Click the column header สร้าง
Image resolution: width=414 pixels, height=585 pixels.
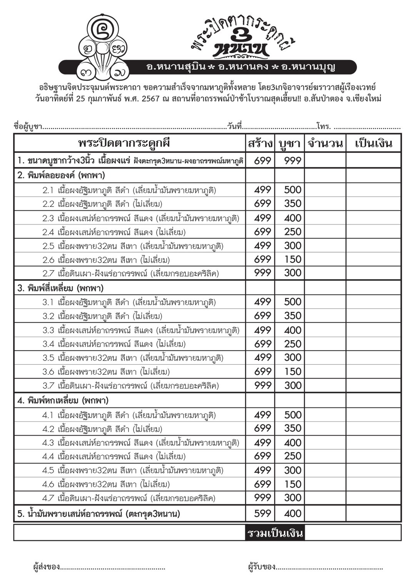(x=260, y=143)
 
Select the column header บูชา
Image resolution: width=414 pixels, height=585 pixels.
(x=289, y=143)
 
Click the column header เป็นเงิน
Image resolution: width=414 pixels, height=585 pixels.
(x=373, y=143)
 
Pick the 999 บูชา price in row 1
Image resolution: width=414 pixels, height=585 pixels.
(x=292, y=161)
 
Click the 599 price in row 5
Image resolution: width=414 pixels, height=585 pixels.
(x=262, y=513)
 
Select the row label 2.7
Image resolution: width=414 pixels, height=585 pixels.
(x=48, y=274)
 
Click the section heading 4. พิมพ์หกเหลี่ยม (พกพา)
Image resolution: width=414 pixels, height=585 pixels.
(x=63, y=401)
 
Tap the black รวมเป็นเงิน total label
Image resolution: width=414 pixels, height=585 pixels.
(x=275, y=533)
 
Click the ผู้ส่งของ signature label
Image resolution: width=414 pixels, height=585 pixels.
(x=46, y=566)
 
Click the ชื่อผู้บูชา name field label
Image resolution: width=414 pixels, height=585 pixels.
(x=27, y=126)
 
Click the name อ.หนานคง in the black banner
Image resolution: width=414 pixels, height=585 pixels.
(x=243, y=67)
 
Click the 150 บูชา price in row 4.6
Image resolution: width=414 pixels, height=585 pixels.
(x=292, y=484)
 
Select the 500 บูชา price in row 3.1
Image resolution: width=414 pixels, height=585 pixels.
(x=292, y=302)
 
